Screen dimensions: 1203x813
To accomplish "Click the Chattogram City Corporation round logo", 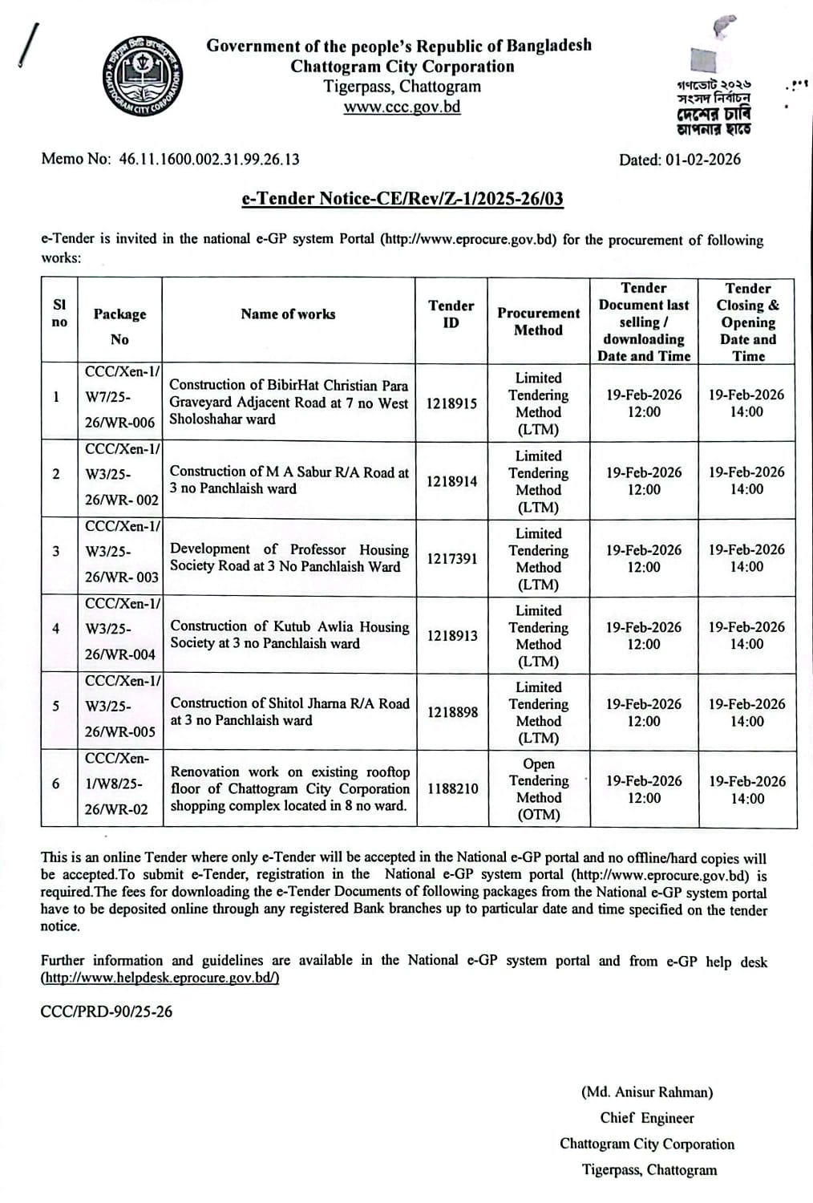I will tap(142, 77).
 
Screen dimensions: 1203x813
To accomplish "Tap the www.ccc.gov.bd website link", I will tap(402, 107).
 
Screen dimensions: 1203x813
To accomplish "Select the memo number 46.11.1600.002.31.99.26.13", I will tap(209, 159).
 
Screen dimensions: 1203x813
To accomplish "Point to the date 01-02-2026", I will tap(702, 160).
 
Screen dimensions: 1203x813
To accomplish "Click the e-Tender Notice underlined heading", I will tap(402, 199).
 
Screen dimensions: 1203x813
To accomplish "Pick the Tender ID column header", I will tap(451, 314).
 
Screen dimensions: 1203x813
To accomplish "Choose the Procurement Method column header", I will tap(538, 322).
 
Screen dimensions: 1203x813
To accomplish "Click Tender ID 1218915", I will tap(451, 403).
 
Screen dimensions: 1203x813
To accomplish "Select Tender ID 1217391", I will tap(452, 558).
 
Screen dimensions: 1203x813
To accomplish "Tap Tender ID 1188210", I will tap(452, 788).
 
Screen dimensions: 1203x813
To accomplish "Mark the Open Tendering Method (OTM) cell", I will tap(539, 789).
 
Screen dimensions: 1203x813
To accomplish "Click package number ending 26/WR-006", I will tap(120, 423).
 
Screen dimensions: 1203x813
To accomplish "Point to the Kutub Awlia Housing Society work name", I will tap(289, 634).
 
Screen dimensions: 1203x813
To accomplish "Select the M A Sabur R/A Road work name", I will tap(289, 480).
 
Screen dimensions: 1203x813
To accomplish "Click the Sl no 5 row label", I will tap(55, 706).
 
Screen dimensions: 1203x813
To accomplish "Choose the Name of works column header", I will tap(288, 314).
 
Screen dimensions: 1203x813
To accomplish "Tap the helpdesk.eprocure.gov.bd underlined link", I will tap(160, 978).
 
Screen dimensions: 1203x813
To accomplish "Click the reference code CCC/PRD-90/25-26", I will tap(107, 1011).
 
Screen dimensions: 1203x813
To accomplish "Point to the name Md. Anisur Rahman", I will tap(647, 1092).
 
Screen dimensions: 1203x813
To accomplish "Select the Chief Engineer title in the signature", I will tap(647, 1118).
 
